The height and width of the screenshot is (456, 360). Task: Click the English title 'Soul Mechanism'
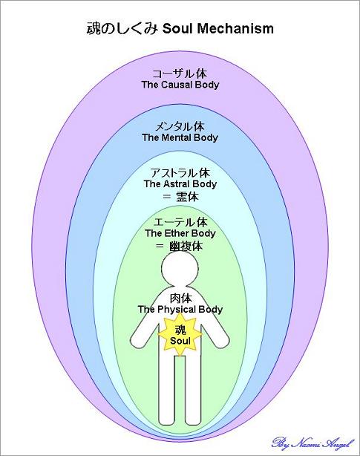(x=218, y=29)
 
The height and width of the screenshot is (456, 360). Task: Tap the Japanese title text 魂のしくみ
(x=122, y=29)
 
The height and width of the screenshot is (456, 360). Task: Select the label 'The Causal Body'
(x=180, y=85)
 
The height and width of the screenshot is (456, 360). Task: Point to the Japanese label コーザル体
(x=180, y=74)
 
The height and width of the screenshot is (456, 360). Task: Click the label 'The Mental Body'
(x=180, y=137)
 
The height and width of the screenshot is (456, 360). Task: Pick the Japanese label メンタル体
(x=180, y=126)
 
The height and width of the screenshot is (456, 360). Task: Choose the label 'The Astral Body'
(x=180, y=184)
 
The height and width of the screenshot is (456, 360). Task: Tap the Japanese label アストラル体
(x=180, y=173)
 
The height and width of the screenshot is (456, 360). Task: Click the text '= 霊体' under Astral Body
(x=180, y=197)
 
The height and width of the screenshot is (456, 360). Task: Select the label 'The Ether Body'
(x=180, y=233)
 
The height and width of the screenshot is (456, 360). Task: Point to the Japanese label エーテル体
(x=180, y=222)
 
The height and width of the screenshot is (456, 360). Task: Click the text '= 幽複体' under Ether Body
(x=179, y=247)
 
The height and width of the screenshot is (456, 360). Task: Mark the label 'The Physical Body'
(x=180, y=310)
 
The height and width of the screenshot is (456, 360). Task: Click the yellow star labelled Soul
(x=180, y=335)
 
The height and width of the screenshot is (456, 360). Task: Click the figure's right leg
(x=167, y=391)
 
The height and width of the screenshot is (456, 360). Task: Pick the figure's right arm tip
(x=134, y=342)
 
